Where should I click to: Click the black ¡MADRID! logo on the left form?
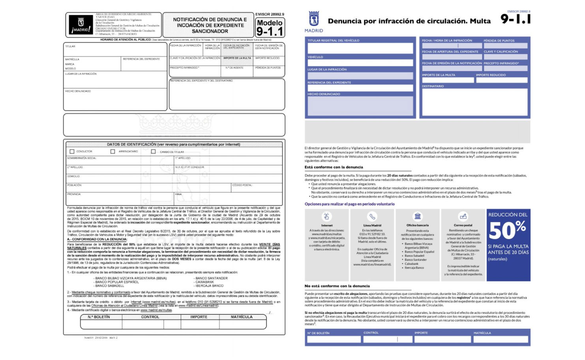tap(81, 25)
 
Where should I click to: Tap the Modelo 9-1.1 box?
tap(270, 27)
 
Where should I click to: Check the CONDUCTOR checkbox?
tap(72, 152)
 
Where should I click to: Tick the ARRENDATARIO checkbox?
tap(113, 152)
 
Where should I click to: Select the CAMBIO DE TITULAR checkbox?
tap(154, 152)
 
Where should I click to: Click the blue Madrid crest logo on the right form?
tap(314, 19)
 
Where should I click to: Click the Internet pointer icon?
tap(326, 216)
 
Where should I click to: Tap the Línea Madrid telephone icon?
tap(372, 216)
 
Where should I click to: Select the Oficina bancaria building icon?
tap(418, 216)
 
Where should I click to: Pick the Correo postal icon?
tap(463, 216)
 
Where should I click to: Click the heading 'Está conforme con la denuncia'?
tap(334, 167)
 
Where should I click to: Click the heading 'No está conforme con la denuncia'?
tap(337, 286)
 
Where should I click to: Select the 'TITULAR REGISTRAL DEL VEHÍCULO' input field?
tap(360, 48)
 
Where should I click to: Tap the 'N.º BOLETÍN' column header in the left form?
tap(99, 317)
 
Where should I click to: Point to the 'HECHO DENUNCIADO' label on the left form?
tap(78, 91)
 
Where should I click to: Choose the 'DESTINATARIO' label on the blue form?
tap(433, 86)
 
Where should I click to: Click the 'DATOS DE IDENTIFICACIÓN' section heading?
tap(174, 144)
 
